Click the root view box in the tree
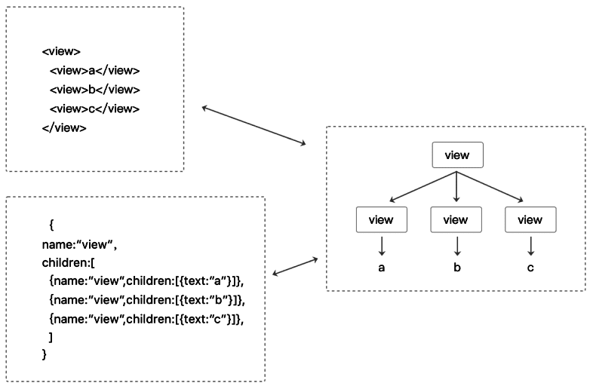point(458,155)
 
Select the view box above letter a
point(382,219)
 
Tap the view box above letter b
point(456,219)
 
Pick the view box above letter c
point(530,219)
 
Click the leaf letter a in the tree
point(382,268)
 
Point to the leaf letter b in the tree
point(457,268)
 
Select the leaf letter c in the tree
point(530,268)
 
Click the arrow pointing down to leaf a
point(382,246)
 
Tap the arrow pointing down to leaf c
point(531,246)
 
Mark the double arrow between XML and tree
point(253,125)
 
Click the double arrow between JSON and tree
point(295,267)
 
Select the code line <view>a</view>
point(94,71)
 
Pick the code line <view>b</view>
point(95,90)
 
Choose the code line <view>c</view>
point(94,109)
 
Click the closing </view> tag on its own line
point(64,127)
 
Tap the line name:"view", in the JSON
point(79,245)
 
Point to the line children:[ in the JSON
point(69,263)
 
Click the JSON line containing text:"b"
point(147,300)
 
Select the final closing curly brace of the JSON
point(45,354)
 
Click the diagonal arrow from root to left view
point(422,187)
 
